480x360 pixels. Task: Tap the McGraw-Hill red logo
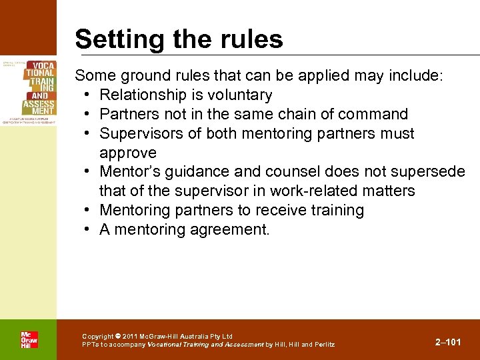[29, 339]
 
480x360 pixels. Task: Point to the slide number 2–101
[447, 342]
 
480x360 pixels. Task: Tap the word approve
[128, 153]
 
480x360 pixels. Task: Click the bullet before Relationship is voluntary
[89, 95]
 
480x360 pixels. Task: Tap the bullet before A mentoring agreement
[89, 230]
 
